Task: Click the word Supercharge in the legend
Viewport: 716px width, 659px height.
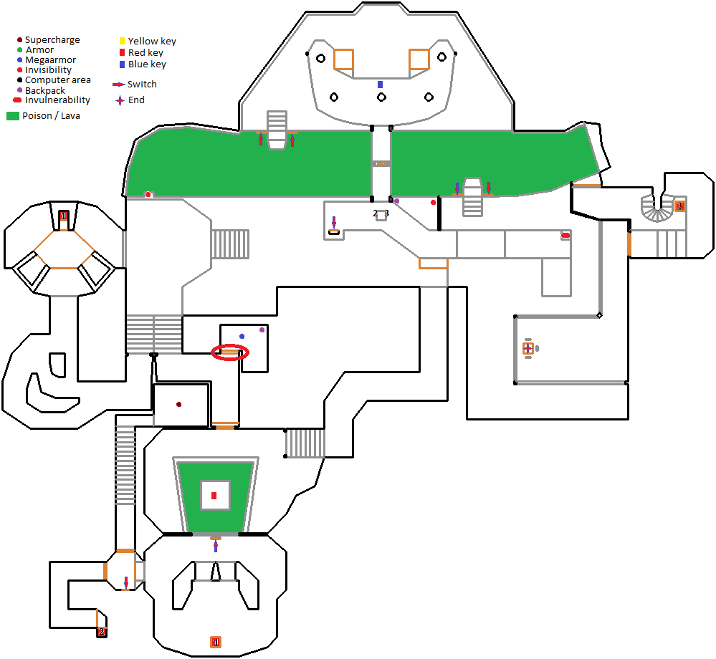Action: (x=52, y=40)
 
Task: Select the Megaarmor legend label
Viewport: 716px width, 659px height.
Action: (x=50, y=60)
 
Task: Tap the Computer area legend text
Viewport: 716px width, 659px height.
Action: (x=57, y=80)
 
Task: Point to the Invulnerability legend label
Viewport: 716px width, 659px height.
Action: (x=57, y=100)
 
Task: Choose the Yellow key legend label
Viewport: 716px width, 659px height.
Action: (x=152, y=42)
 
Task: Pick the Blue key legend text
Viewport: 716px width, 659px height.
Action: (x=147, y=64)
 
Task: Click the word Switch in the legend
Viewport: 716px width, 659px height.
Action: (x=142, y=84)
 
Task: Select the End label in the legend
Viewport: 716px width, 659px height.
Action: (x=136, y=100)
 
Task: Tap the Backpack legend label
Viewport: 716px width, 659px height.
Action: (x=45, y=90)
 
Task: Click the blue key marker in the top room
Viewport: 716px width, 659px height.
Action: (x=381, y=85)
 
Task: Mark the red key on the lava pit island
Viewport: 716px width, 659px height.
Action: (x=214, y=495)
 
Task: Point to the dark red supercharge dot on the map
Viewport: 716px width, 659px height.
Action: (x=179, y=405)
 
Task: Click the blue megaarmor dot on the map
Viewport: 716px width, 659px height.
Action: (x=242, y=336)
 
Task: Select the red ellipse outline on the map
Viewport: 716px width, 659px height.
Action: (x=230, y=352)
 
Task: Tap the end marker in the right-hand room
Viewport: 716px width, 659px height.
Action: (x=528, y=349)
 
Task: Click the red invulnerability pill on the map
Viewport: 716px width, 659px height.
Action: (x=565, y=235)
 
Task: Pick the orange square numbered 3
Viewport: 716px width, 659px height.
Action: (x=679, y=206)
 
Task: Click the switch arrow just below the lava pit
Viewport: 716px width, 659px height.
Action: (x=216, y=547)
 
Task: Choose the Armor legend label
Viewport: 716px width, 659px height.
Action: (x=39, y=50)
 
